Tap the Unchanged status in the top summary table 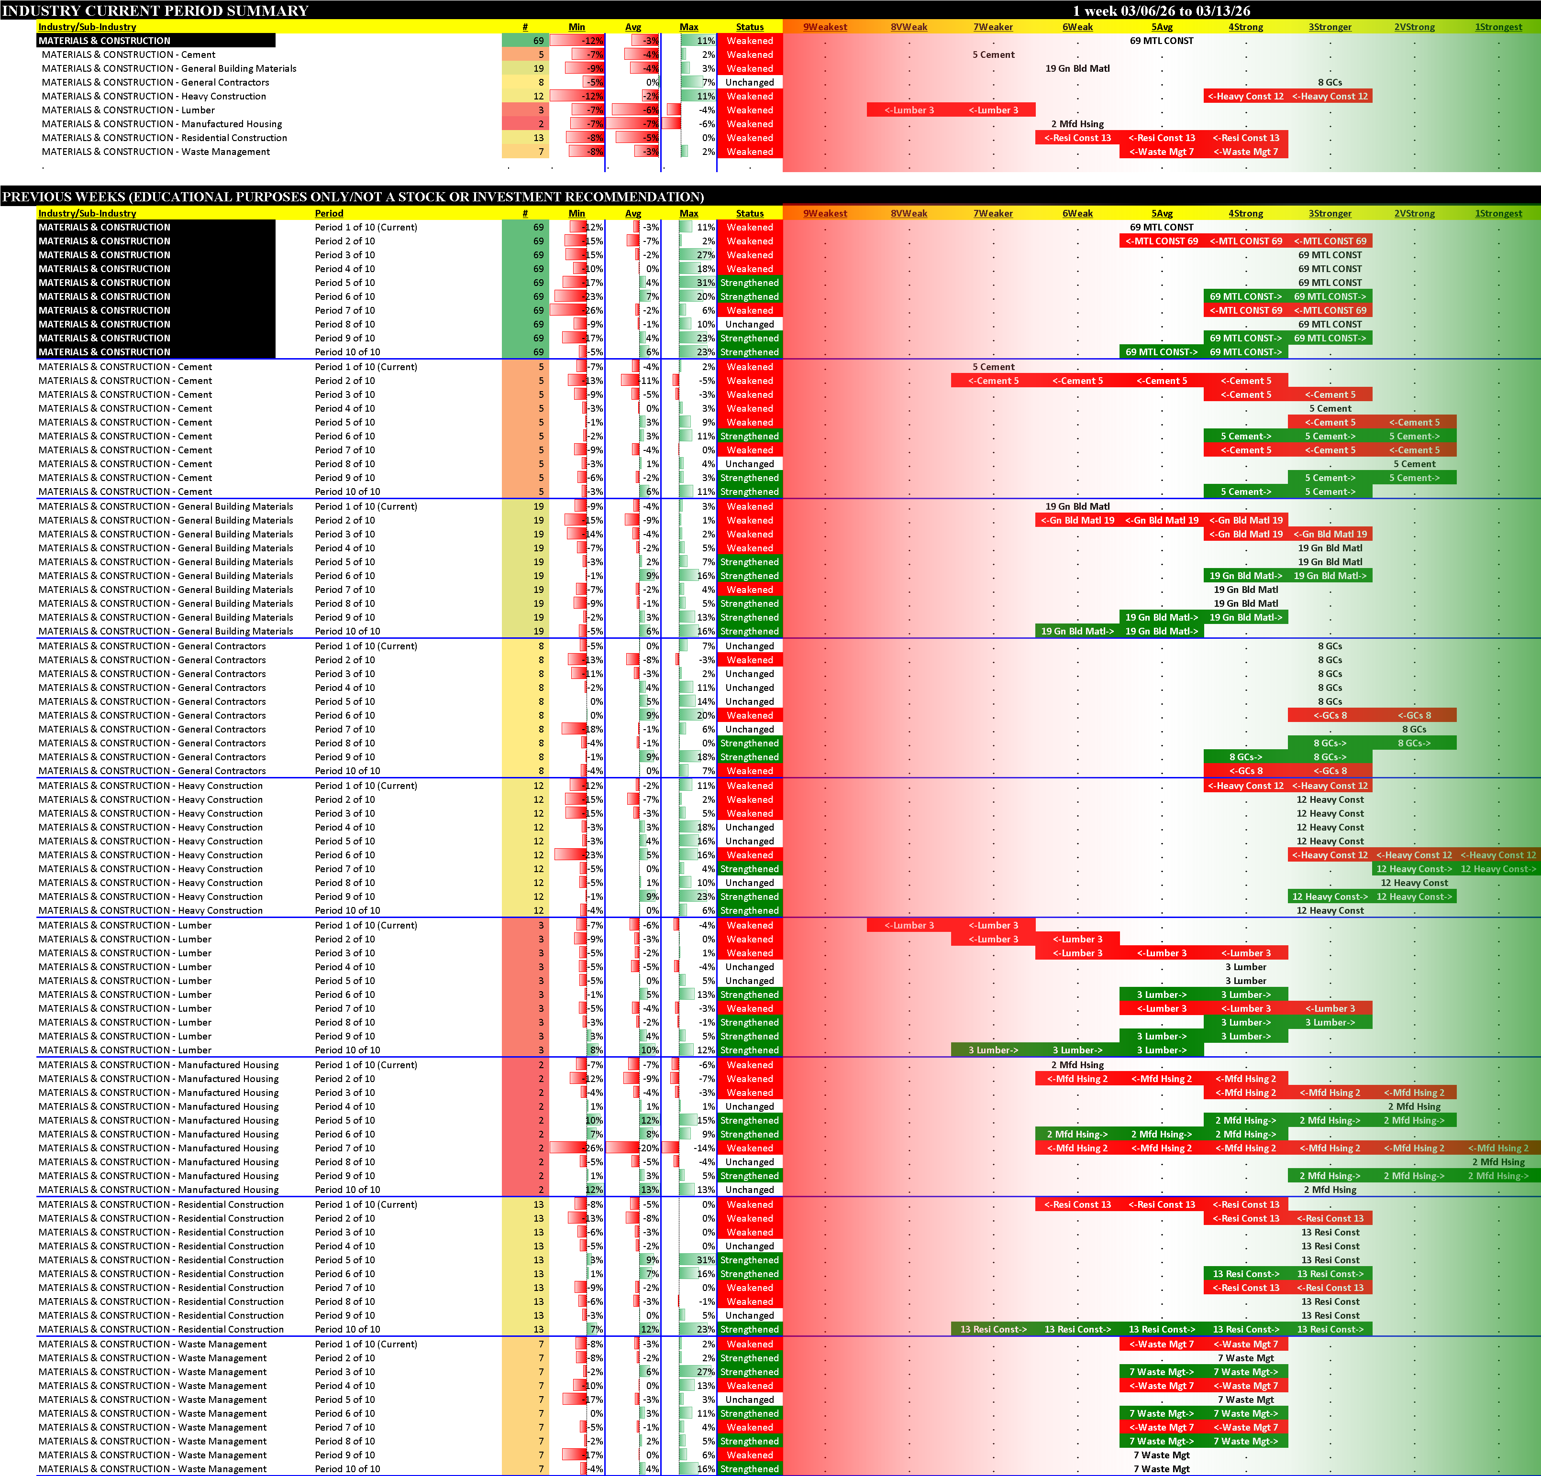(x=749, y=83)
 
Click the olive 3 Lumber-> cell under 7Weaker (x=993, y=1050)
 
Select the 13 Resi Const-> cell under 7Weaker (x=993, y=1329)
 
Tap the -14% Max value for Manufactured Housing (x=704, y=1148)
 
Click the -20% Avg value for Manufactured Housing (x=648, y=1148)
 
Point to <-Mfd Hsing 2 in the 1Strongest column (x=1498, y=1148)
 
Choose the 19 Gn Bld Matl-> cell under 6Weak (x=1077, y=631)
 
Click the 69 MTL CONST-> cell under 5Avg (x=1161, y=352)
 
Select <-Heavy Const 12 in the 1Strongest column (x=1498, y=855)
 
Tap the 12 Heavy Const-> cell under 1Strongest (x=1498, y=869)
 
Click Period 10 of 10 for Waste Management (x=347, y=1469)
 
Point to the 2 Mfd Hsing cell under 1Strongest (x=1498, y=1161)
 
